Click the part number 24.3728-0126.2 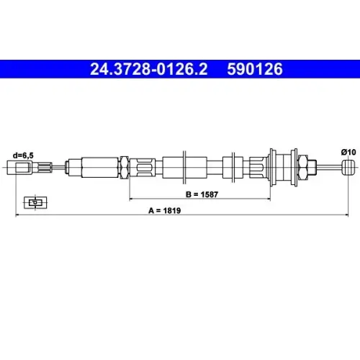(x=149, y=69)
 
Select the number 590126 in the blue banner (x=255, y=69)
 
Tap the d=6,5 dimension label (x=23, y=156)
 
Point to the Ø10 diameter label (x=348, y=152)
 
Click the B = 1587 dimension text (x=202, y=194)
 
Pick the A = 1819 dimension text (x=165, y=210)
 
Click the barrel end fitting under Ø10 (x=348, y=168)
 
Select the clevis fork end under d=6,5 (x=19, y=168)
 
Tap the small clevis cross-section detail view (x=35, y=202)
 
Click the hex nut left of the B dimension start (x=125, y=168)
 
